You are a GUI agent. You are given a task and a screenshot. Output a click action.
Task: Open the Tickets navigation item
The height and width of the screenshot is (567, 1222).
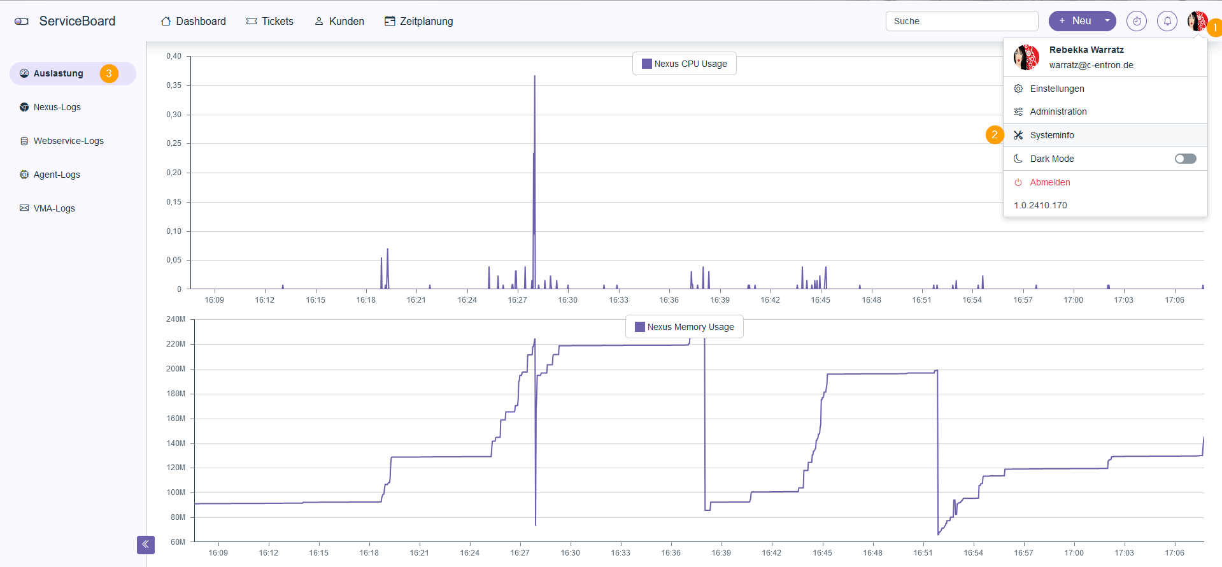coord(270,21)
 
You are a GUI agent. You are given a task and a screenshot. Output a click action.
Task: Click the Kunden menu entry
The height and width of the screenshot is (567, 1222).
coord(339,21)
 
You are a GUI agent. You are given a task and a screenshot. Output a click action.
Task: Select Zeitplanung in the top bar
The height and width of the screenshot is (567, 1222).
coord(419,21)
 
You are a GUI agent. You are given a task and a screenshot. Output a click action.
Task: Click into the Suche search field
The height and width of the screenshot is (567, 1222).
coord(962,21)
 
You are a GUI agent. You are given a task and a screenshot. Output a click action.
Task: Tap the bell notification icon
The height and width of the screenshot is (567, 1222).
coord(1167,21)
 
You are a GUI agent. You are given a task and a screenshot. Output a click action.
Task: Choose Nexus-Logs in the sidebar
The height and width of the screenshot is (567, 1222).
coord(57,107)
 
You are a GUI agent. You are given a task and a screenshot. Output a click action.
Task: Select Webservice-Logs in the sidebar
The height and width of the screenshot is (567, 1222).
coord(68,141)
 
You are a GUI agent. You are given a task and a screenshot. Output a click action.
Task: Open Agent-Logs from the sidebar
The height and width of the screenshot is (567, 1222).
coord(57,175)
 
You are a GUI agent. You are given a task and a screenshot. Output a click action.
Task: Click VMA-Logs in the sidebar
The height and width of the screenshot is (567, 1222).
coord(54,208)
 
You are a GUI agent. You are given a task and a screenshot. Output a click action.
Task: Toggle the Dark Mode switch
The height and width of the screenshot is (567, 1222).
coord(1185,159)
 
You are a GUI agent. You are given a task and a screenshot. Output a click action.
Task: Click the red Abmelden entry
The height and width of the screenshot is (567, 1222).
coord(1049,182)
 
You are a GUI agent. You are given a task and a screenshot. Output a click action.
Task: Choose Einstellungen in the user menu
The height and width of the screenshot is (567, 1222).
coord(1056,89)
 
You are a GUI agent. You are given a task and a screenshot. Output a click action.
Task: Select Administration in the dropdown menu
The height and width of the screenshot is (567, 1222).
coord(1058,111)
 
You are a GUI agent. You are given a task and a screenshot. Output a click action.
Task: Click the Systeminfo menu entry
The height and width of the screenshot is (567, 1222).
coord(1051,135)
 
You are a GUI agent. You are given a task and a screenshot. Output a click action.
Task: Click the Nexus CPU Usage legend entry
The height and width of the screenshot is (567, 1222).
coord(685,64)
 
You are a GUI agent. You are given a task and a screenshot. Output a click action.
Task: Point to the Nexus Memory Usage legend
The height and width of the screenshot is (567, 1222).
coord(685,327)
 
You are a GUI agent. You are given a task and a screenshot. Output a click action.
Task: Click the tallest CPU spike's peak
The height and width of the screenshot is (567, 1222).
coord(535,76)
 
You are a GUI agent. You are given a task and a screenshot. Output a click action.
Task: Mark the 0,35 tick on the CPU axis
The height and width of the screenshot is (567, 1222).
coord(174,85)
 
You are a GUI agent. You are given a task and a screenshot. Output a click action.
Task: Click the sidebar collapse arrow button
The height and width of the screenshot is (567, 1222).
coord(146,545)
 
